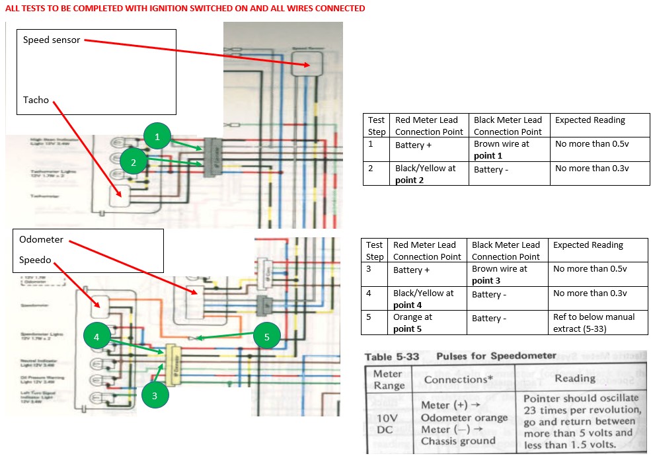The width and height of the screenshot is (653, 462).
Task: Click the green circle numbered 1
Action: pos(157,137)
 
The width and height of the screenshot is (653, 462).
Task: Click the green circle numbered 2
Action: pos(134,161)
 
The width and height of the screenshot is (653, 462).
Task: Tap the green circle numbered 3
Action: pos(155,395)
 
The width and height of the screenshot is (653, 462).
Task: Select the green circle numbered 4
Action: pos(97,336)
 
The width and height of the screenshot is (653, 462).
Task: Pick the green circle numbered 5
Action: pos(267,336)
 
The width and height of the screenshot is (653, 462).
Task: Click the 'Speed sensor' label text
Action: pos(52,40)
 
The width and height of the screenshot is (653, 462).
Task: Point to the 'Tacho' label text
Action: pos(36,100)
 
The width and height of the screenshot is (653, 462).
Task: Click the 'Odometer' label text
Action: pos(42,239)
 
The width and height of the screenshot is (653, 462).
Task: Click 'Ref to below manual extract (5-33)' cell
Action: pos(594,323)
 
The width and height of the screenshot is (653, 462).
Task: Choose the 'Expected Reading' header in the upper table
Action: pos(590,120)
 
